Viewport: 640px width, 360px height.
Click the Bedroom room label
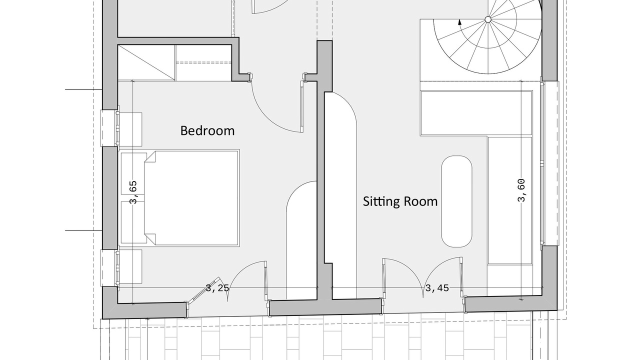pos(207,130)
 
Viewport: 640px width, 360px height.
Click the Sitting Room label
pos(400,201)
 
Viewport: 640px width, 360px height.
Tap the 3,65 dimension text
pos(133,192)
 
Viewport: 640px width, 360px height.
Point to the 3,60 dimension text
pos(521,190)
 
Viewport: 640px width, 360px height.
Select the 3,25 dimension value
pos(217,288)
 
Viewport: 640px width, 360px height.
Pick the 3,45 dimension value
pos(437,288)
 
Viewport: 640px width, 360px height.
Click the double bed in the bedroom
pos(191,198)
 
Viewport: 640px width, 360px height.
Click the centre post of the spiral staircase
pos(488,19)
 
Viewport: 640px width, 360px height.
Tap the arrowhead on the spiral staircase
pos(459,22)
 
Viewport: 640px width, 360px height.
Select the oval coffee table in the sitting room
pos(457,201)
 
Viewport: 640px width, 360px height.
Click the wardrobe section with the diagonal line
pos(146,62)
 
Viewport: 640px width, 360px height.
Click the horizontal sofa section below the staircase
pos(476,113)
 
